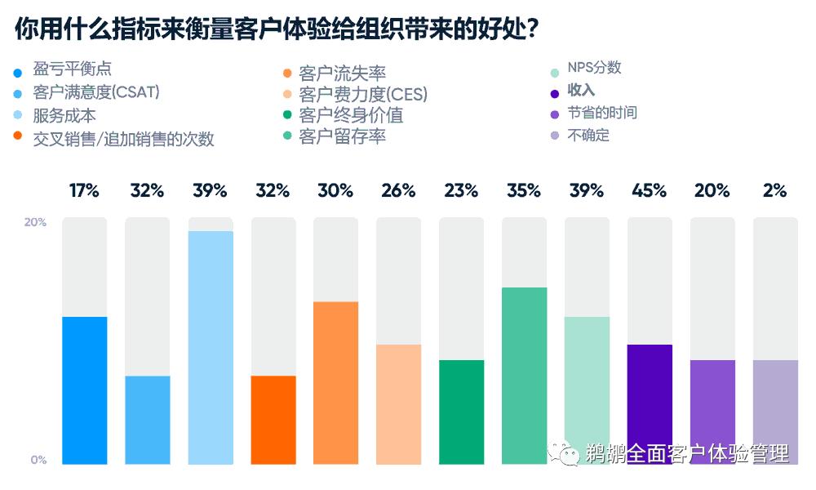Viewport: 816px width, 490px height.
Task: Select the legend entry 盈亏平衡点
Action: (x=72, y=69)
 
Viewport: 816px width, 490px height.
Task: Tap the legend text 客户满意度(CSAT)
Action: (x=95, y=92)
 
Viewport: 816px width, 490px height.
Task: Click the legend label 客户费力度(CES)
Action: (x=363, y=94)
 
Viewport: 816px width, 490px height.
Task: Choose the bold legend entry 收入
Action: (x=581, y=90)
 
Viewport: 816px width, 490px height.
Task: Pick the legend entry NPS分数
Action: (x=594, y=68)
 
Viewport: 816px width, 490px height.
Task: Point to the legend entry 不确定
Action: (x=588, y=135)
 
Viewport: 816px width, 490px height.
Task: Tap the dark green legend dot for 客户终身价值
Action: (x=285, y=115)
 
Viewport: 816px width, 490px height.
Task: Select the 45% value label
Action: (x=649, y=191)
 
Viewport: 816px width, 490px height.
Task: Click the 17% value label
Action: (x=84, y=191)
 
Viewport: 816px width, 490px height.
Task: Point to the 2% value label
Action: (x=774, y=191)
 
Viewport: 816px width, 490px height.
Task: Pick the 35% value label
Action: (x=524, y=191)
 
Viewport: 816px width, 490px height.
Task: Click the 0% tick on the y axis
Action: (x=38, y=460)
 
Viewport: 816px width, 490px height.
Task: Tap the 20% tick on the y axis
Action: (x=37, y=222)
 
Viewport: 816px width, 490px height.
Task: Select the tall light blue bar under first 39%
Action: (x=211, y=347)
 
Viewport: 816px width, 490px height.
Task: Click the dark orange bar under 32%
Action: (x=273, y=420)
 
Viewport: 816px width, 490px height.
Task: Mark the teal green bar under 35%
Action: (x=524, y=376)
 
